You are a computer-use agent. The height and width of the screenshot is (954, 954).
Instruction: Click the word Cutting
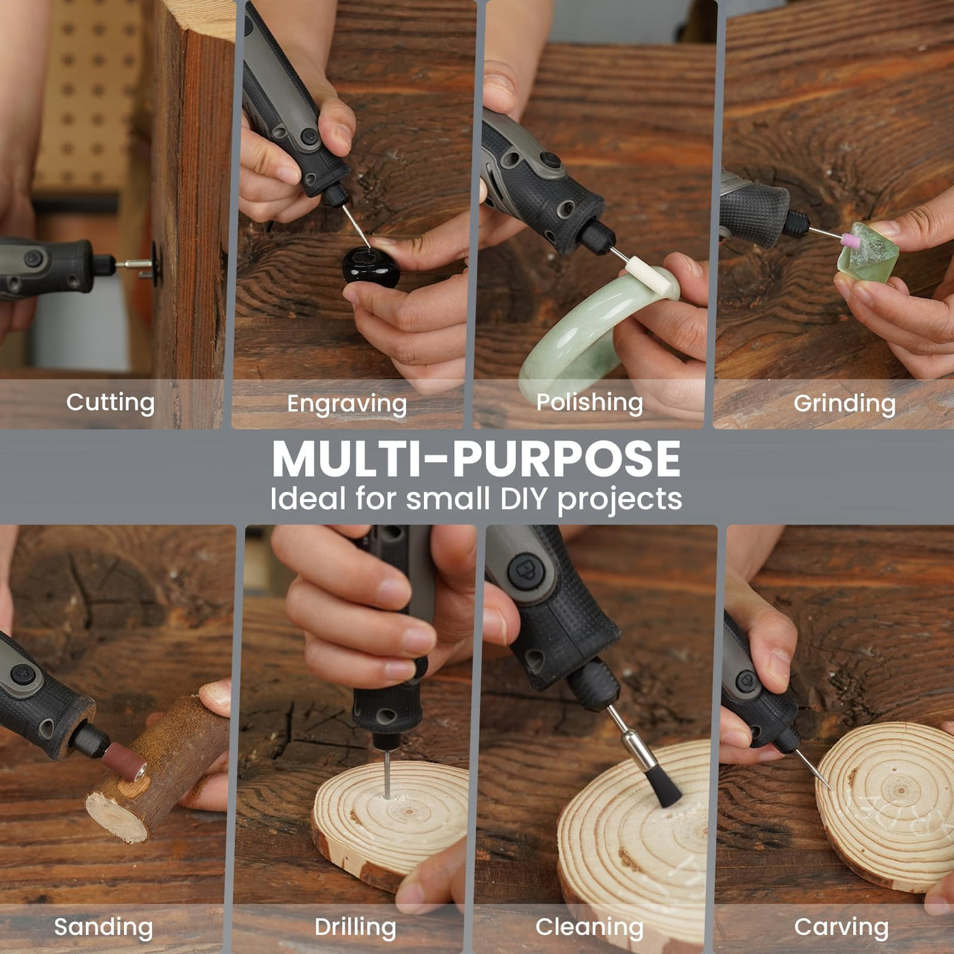[x=110, y=403]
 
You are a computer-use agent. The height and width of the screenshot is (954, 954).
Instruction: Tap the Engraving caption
[x=347, y=404]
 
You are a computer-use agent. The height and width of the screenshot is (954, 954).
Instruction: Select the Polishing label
[x=589, y=403]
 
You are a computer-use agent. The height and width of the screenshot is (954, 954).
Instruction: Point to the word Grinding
[x=844, y=404]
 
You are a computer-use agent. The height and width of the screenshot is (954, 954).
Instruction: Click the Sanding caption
[x=104, y=927]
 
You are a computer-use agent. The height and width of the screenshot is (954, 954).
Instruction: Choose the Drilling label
[x=355, y=927]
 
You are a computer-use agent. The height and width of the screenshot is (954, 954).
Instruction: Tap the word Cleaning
[x=589, y=927]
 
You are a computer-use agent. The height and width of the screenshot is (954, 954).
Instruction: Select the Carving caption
[x=842, y=927]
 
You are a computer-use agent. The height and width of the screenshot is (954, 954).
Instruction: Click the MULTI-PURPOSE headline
[x=476, y=459]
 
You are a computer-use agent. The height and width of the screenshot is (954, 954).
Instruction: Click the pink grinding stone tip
[x=850, y=240]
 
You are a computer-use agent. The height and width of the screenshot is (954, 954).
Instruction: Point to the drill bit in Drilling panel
[x=386, y=773]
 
